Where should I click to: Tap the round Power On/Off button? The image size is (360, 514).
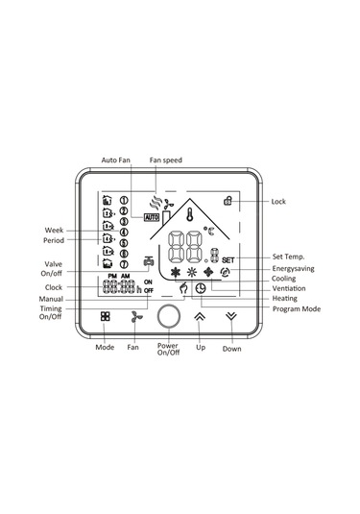tap(168, 317)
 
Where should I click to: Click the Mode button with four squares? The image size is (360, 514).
tap(106, 316)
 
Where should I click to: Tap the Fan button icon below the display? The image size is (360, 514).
tap(135, 317)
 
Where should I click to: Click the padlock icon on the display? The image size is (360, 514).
tap(228, 200)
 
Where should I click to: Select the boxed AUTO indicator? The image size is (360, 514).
tap(152, 217)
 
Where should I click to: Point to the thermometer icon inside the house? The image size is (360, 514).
tap(189, 214)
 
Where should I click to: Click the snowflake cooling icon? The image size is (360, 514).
tap(176, 272)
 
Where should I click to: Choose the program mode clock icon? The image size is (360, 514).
tap(201, 288)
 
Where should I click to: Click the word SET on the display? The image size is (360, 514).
tap(228, 260)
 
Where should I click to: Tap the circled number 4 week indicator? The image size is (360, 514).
tap(124, 233)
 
